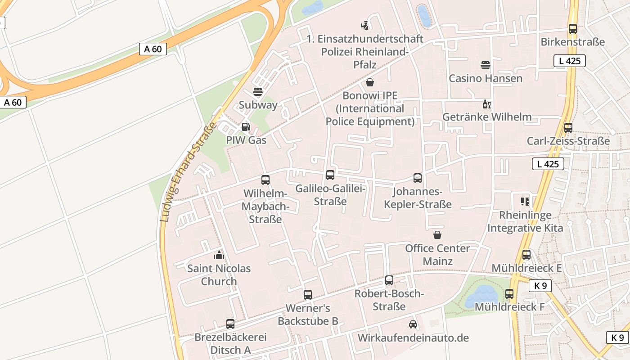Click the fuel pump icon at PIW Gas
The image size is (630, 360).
(x=246, y=127)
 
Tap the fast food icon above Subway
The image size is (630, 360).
(x=258, y=92)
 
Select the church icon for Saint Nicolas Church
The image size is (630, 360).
(x=219, y=255)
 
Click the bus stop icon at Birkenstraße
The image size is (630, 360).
(x=573, y=29)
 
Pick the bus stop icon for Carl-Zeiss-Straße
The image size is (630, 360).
(x=568, y=128)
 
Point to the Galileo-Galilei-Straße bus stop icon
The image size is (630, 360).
(x=330, y=175)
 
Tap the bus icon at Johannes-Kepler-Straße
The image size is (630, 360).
(x=418, y=178)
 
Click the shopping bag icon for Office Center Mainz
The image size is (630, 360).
(x=437, y=235)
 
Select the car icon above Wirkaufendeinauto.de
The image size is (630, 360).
(x=413, y=324)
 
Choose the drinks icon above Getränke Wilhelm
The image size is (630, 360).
(x=486, y=104)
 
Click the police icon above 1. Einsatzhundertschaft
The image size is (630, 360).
(x=365, y=26)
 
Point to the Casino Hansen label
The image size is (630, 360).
(x=486, y=78)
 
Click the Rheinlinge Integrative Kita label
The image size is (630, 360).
(x=525, y=221)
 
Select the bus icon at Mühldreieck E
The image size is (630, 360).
(x=526, y=255)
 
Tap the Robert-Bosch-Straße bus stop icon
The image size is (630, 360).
(x=389, y=280)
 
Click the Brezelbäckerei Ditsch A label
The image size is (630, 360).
(x=230, y=343)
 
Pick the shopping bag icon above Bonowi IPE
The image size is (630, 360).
(x=370, y=82)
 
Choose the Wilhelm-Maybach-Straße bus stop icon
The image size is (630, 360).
(x=265, y=180)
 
